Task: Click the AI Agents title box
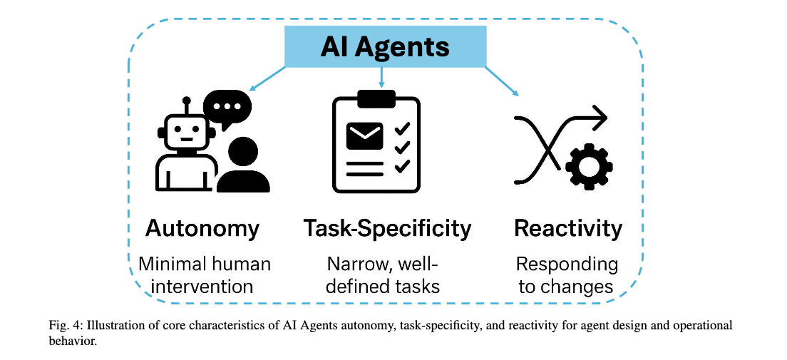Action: coord(384,47)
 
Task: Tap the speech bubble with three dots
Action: coord(227,108)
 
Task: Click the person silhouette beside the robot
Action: coord(243,166)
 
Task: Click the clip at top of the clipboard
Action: coord(376,98)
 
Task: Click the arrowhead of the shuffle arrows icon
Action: coord(600,117)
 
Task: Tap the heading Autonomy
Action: coord(202,228)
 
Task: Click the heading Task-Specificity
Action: coord(387,229)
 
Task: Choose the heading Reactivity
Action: coord(568,228)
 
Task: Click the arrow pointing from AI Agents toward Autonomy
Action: coord(268,80)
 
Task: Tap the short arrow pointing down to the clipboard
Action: coord(383,76)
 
